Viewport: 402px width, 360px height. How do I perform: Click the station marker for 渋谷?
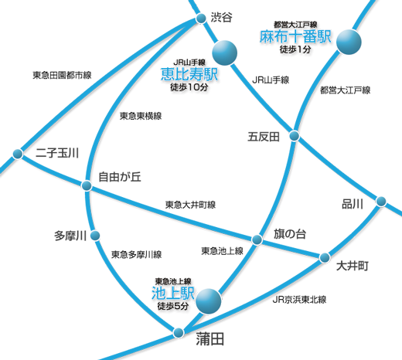[x=201, y=19]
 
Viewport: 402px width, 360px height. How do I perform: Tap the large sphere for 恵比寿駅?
[x=224, y=53]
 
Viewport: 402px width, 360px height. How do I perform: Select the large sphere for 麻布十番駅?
[x=349, y=42]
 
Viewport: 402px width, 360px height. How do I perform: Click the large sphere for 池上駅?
[x=209, y=301]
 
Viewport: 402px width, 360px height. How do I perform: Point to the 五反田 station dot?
[x=295, y=136]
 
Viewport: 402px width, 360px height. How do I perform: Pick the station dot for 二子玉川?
[x=18, y=154]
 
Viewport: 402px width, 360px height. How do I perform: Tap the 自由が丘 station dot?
[x=87, y=185]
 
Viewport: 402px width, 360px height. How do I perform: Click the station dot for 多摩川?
[x=95, y=236]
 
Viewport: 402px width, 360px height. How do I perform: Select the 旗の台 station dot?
[x=257, y=239]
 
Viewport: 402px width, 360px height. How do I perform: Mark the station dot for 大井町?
[x=325, y=257]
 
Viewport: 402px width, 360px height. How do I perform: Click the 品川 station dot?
[x=381, y=201]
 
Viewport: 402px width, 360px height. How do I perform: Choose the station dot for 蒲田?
[x=179, y=332]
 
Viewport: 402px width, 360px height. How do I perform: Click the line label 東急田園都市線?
[x=62, y=75]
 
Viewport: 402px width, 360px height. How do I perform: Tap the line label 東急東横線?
[x=141, y=116]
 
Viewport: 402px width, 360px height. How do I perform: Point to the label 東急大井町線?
[x=190, y=205]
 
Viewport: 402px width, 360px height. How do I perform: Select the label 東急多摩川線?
[x=137, y=254]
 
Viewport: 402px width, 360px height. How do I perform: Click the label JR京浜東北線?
[x=299, y=300]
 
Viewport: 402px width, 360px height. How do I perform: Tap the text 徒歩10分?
[x=189, y=87]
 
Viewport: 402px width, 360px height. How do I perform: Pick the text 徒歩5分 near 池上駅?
[x=173, y=306]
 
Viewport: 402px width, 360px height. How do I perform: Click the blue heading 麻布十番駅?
[x=295, y=36]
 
